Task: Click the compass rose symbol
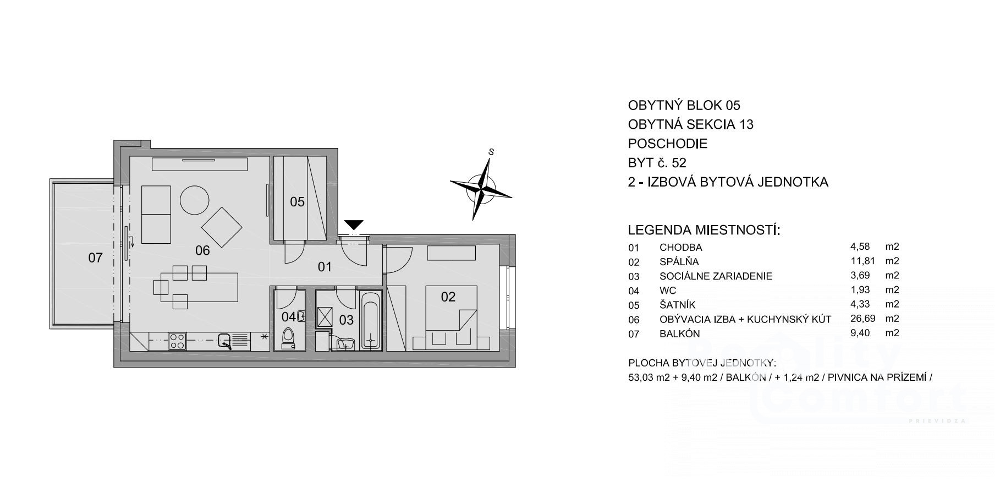coord(481,188)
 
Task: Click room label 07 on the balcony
coord(95,258)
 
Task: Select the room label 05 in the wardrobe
coord(297,202)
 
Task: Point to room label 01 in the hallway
coord(325,267)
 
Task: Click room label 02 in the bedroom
coord(448,297)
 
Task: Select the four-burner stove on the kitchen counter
coord(177,341)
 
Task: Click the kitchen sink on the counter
coord(225,342)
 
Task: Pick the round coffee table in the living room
coord(195,200)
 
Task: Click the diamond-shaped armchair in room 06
coord(222,227)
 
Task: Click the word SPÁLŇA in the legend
coord(679,262)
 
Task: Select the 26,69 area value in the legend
coord(862,319)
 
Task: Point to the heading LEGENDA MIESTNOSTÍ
coord(704,230)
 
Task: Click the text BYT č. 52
coord(657,163)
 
